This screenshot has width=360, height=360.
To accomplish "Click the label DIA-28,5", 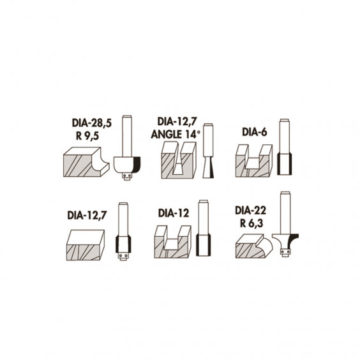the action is click(x=92, y=123).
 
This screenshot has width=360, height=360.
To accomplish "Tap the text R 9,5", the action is click(x=87, y=136).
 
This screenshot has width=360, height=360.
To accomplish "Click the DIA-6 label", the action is click(x=255, y=132).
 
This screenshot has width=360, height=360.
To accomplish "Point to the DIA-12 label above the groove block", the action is click(x=174, y=213).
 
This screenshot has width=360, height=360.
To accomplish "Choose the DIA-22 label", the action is click(x=250, y=211).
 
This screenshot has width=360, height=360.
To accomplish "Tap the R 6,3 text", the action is click(x=251, y=223).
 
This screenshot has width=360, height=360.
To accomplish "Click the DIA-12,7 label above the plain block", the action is click(x=87, y=215).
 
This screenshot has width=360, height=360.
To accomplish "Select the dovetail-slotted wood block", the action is click(x=179, y=160).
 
